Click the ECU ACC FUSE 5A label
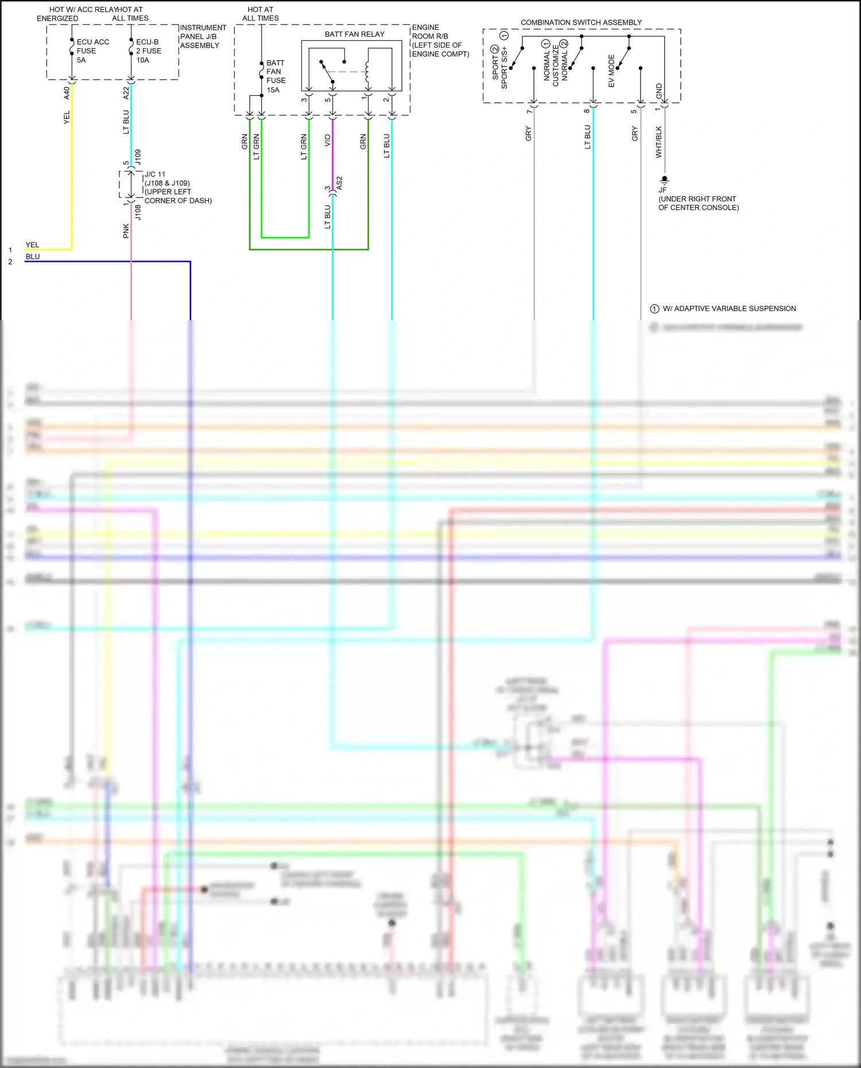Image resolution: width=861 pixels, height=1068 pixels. pyautogui.click(x=92, y=51)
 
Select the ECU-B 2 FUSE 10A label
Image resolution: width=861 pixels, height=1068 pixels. pyautogui.click(x=148, y=51)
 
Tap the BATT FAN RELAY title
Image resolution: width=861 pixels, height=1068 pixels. pyautogui.click(x=354, y=34)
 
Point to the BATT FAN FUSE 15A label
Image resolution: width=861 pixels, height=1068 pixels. pyautogui.click(x=275, y=76)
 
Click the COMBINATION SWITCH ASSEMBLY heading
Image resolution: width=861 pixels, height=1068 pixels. pyautogui.click(x=581, y=22)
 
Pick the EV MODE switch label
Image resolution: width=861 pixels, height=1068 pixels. pyautogui.click(x=611, y=71)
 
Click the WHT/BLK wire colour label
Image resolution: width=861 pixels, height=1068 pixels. pyautogui.click(x=658, y=142)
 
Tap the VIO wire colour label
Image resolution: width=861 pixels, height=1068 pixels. pyautogui.click(x=327, y=141)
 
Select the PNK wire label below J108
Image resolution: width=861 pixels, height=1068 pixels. pyautogui.click(x=126, y=231)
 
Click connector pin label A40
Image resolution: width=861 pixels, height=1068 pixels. pyautogui.click(x=67, y=93)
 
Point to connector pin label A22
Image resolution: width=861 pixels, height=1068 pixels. pyautogui.click(x=126, y=93)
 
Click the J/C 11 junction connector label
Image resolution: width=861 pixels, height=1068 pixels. pyautogui.click(x=155, y=174)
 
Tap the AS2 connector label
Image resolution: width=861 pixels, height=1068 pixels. pyautogui.click(x=339, y=183)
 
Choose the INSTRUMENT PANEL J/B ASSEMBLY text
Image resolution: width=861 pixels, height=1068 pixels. pyautogui.click(x=203, y=36)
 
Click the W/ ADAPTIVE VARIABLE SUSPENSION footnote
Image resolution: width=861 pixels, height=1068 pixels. pyautogui.click(x=728, y=309)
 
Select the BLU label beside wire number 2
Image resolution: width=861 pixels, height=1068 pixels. pyautogui.click(x=33, y=257)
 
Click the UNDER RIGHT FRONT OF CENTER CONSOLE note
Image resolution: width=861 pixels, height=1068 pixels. pyautogui.click(x=698, y=203)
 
